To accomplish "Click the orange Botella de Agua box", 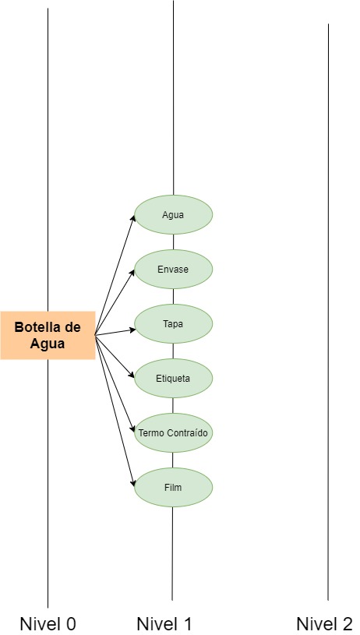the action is point(48,335).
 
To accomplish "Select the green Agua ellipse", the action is point(173,214).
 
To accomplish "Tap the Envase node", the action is point(173,270).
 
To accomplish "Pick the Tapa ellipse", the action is point(173,324).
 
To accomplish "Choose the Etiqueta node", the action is point(173,379).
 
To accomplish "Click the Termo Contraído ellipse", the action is point(173,433).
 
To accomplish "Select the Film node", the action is point(173,488).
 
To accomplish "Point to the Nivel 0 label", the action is point(48,623).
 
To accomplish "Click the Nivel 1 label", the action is point(164,623).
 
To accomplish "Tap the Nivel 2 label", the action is point(325,623).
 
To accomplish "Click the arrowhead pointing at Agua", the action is point(132,218).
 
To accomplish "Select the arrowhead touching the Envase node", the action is point(132,272).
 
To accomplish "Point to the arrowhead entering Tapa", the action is point(132,330).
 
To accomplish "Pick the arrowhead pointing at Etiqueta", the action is point(132,375).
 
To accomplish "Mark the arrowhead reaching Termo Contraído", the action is point(132,429).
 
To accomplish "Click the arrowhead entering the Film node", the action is point(132,483).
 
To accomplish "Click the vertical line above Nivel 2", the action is point(328,312).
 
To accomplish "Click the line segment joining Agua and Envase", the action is point(173,242).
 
